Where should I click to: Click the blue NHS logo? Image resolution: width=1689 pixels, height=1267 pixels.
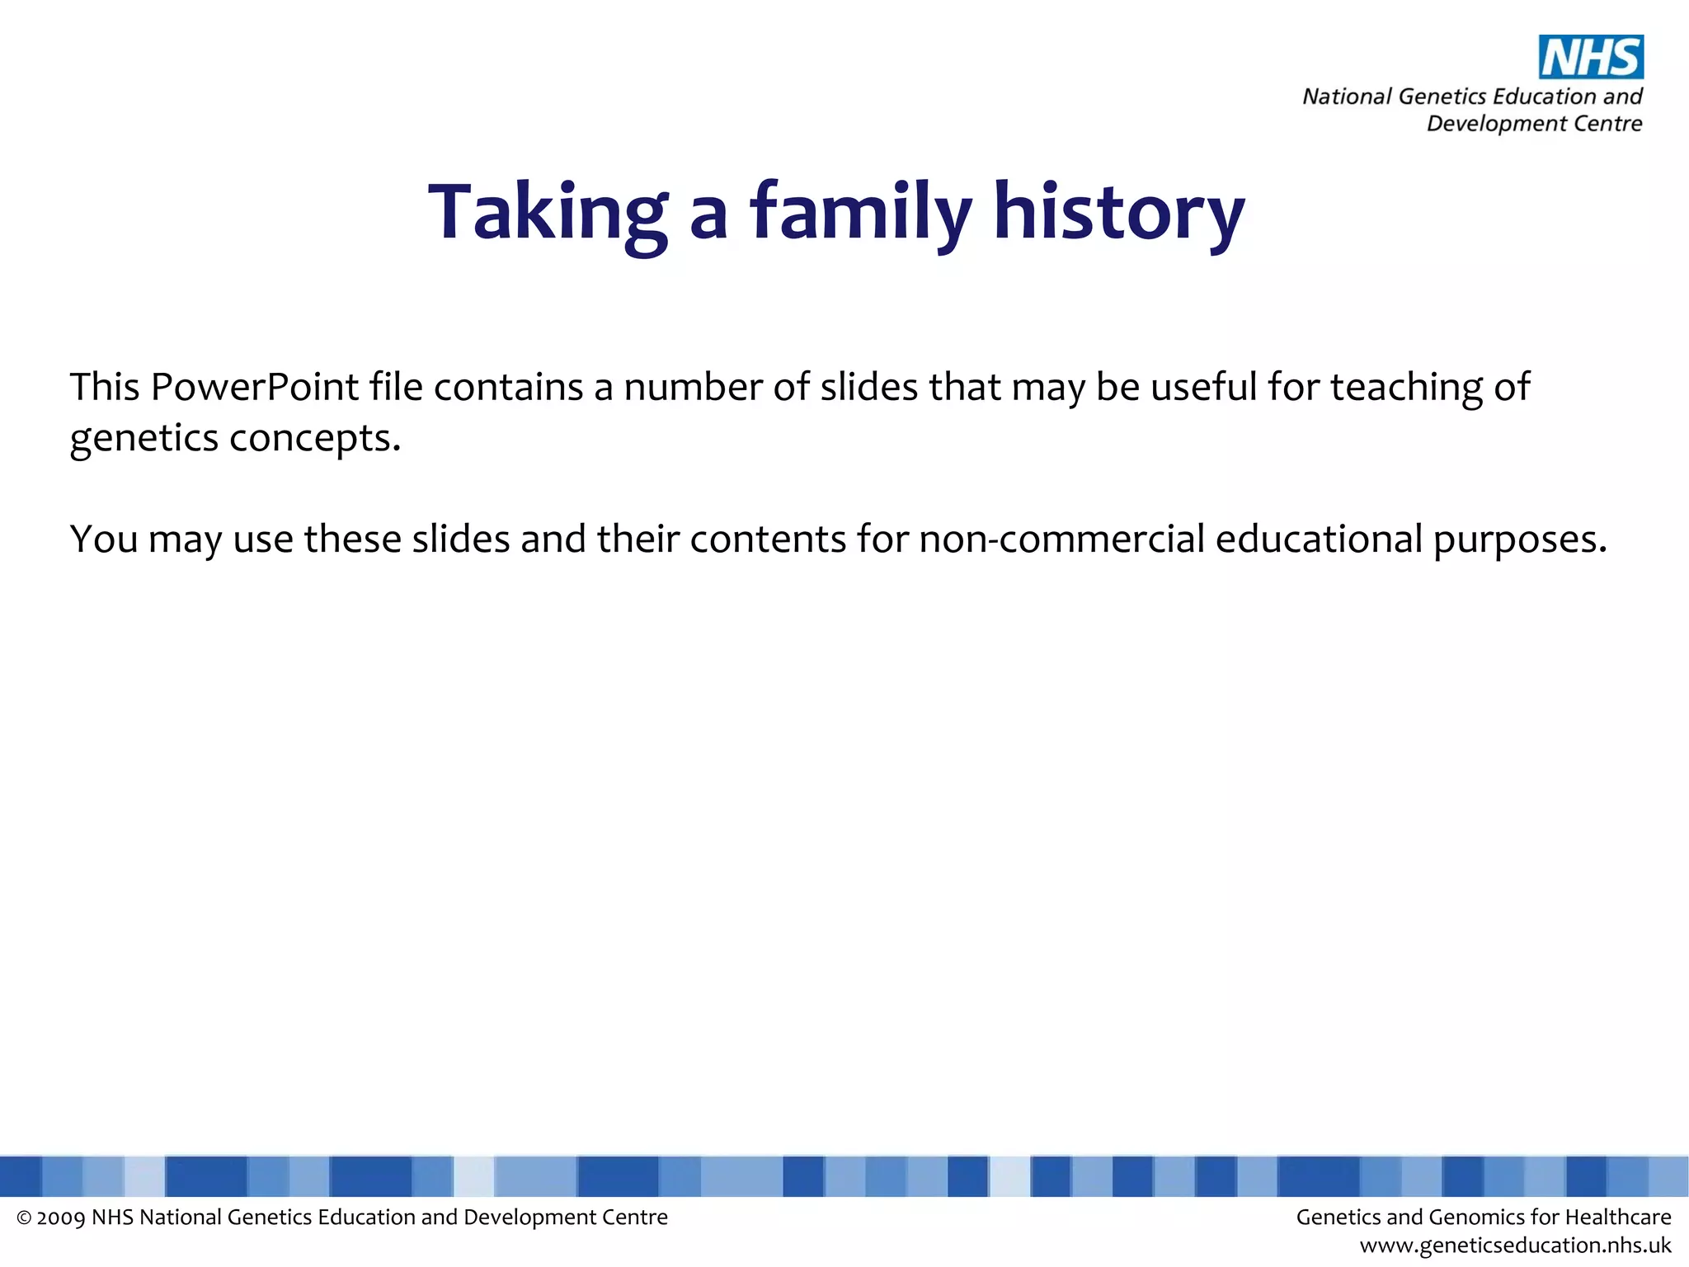click(x=1591, y=57)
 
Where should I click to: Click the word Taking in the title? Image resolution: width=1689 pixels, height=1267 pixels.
click(x=548, y=213)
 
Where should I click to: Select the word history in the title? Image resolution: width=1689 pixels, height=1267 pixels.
click(x=1118, y=213)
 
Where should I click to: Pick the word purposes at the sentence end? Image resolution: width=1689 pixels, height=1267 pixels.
click(x=1519, y=539)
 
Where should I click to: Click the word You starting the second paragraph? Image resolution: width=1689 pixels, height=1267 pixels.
click(x=103, y=539)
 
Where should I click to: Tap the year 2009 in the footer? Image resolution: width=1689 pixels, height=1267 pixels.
click(x=61, y=1218)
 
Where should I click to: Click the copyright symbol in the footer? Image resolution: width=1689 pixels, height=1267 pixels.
click(x=24, y=1218)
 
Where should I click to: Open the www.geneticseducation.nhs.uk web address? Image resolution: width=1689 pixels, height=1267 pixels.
click(x=1515, y=1246)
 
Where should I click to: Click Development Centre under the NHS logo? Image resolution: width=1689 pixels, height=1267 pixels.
click(x=1534, y=124)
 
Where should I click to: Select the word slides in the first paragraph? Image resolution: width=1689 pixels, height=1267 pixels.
click(x=868, y=387)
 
